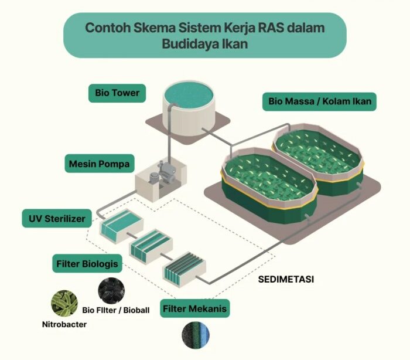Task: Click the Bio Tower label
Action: [117, 93]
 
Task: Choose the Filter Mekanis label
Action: [194, 308]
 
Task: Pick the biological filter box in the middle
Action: [150, 247]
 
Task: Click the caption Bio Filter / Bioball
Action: [115, 310]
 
